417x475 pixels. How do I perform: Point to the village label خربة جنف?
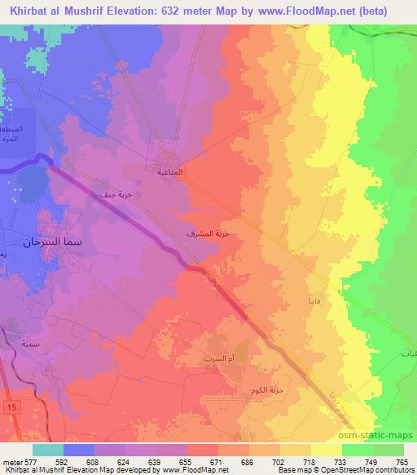coord(115,194)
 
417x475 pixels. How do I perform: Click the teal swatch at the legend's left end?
coord(47,449)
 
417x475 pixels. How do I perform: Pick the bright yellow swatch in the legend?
coord(327,449)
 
